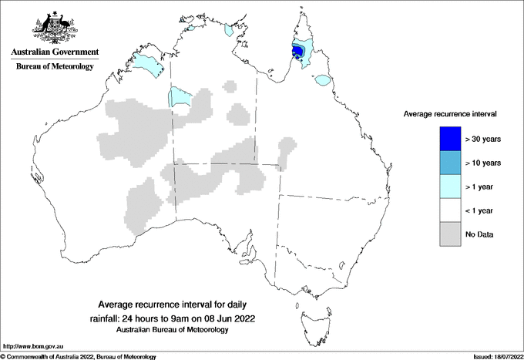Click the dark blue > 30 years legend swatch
coord(451,139)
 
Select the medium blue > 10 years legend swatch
coord(451,163)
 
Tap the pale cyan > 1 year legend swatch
coord(451,186)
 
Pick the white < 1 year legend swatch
coord(451,210)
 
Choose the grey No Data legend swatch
coord(451,234)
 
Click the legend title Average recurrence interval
coord(450,113)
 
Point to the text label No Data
coord(479,234)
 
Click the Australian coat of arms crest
coord(55,26)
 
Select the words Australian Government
coord(55,52)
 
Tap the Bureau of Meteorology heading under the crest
coord(55,66)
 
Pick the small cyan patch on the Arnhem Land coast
coord(228,31)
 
